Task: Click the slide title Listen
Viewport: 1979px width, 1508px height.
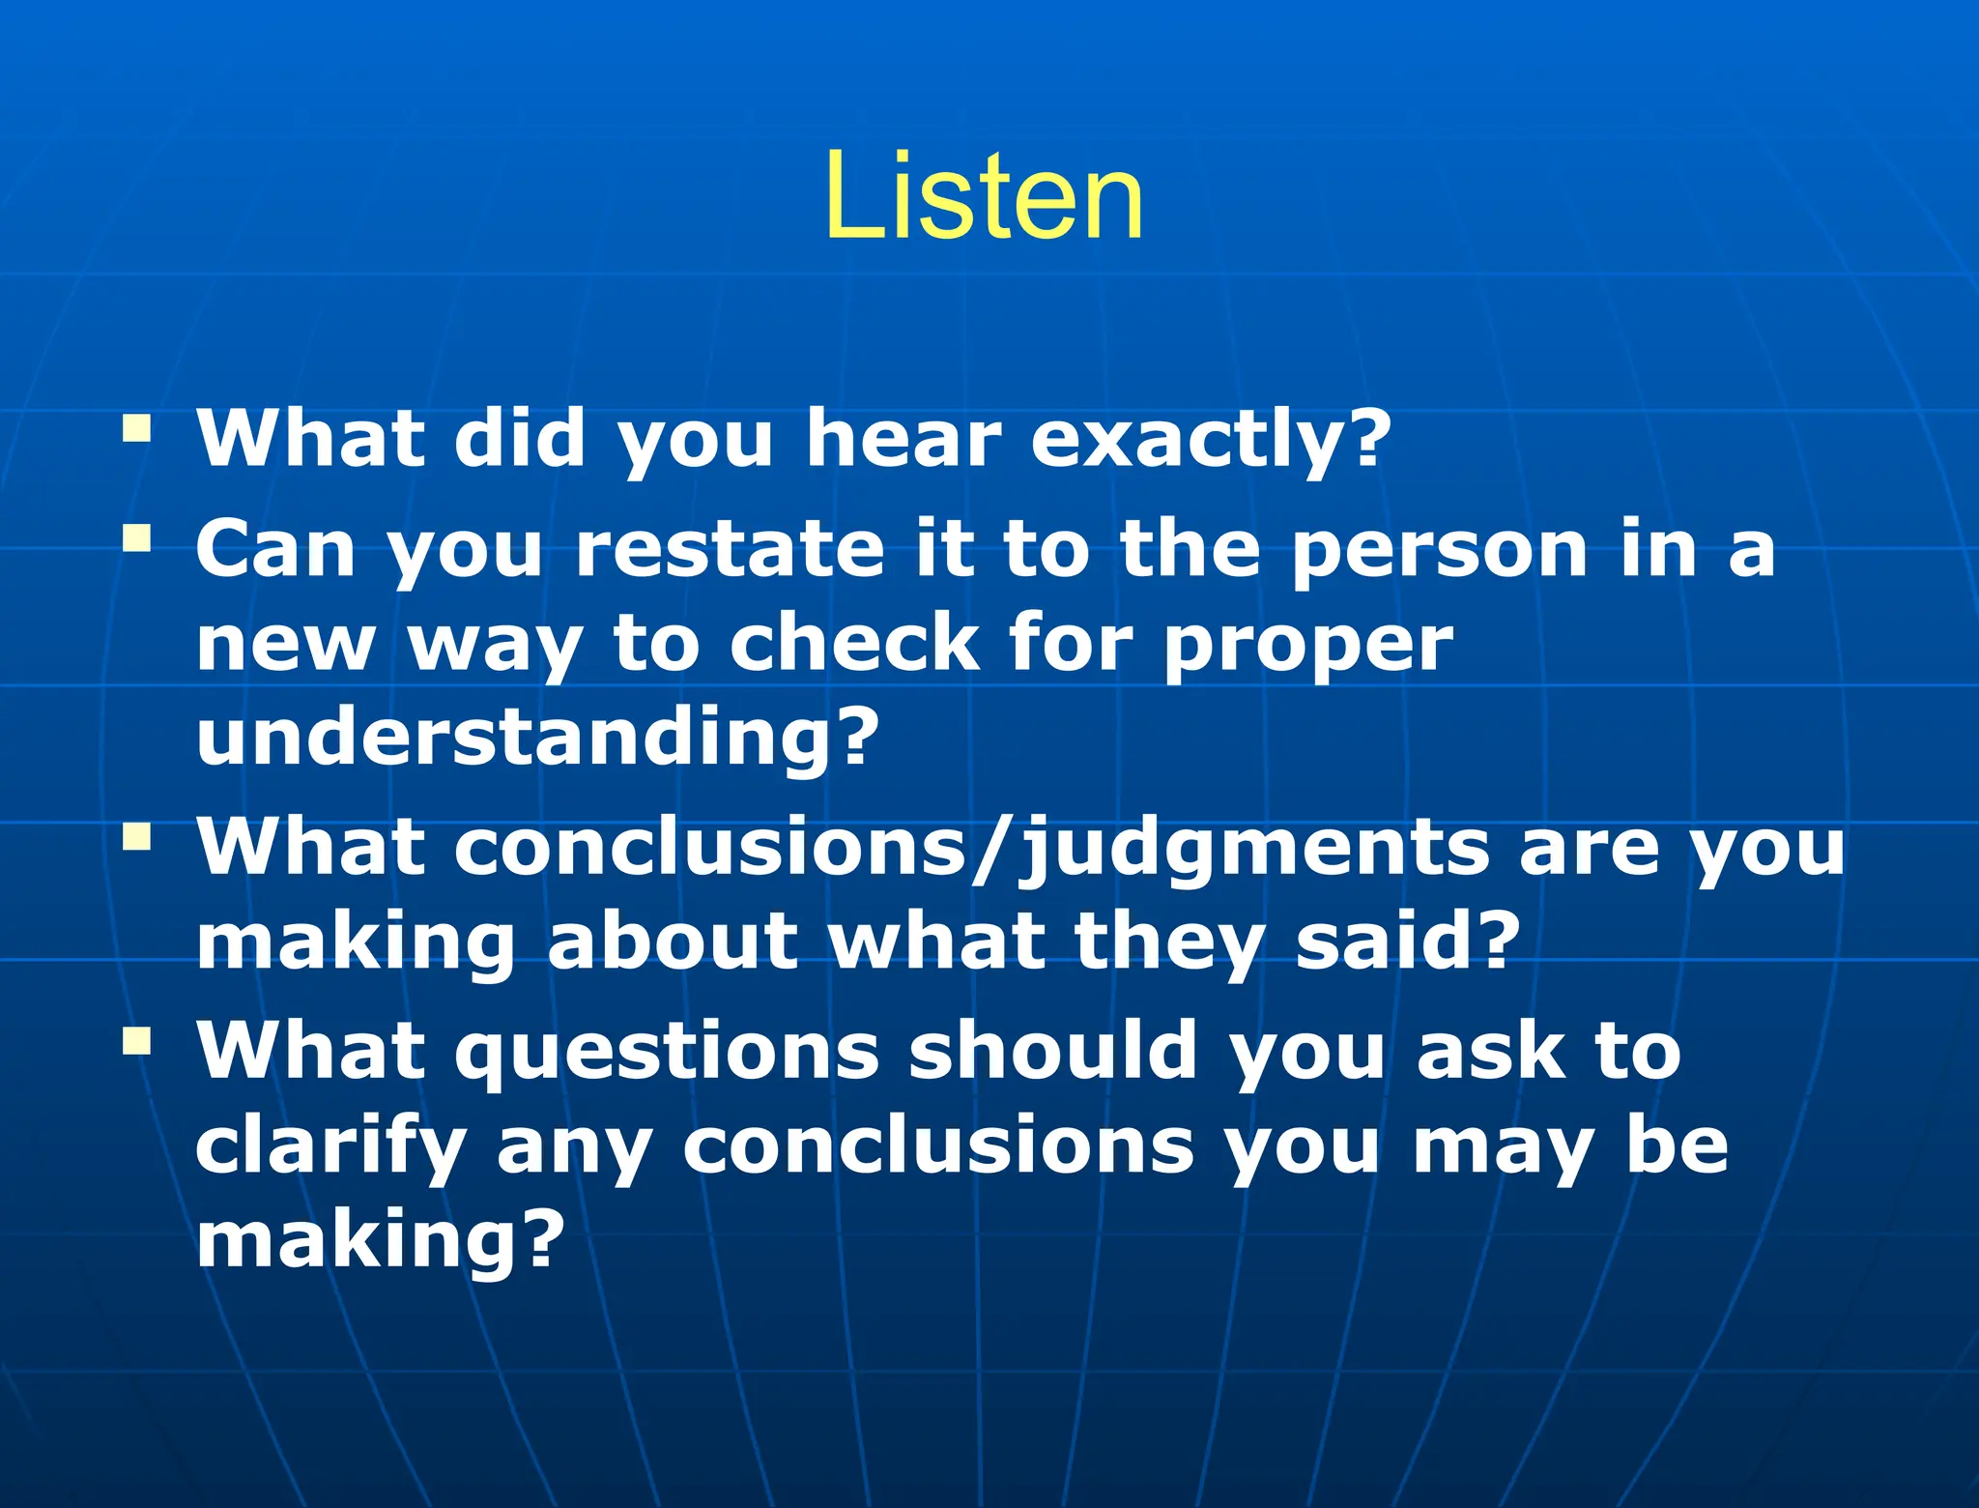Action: click(985, 197)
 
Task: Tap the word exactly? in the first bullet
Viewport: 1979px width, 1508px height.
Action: click(1211, 438)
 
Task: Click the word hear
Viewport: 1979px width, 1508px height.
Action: click(903, 438)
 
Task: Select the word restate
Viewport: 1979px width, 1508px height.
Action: click(731, 548)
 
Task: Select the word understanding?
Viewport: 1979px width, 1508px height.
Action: click(537, 737)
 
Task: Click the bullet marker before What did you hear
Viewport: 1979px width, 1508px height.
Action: click(137, 428)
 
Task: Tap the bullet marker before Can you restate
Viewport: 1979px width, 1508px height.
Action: click(137, 538)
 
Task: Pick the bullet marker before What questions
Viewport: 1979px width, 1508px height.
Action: click(137, 1040)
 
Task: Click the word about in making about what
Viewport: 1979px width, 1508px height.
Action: click(673, 942)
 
